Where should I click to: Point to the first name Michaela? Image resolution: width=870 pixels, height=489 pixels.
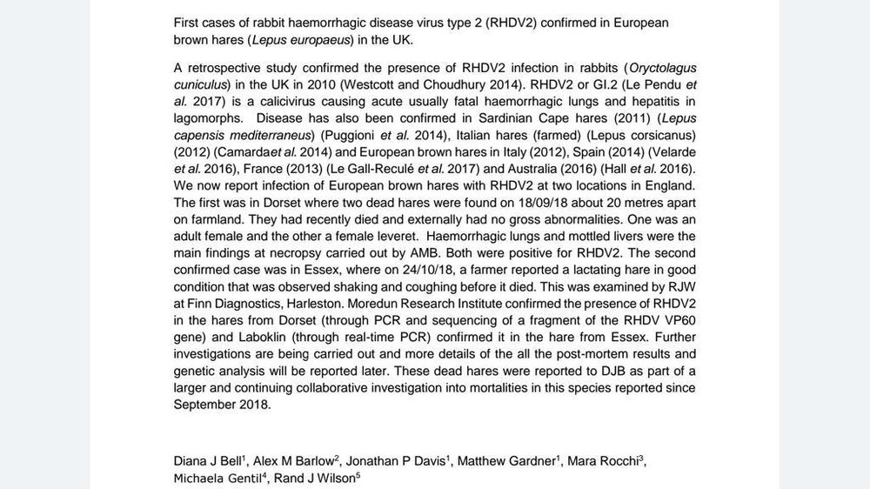[x=203, y=478]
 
